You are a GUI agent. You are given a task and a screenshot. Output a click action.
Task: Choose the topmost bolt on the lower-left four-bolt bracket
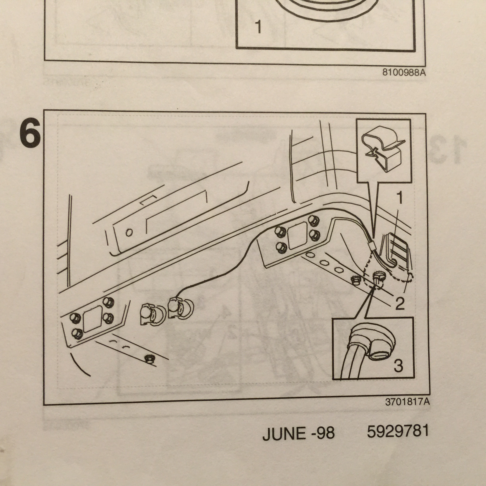coord(108,302)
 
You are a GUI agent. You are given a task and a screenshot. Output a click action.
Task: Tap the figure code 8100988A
coord(404,72)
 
